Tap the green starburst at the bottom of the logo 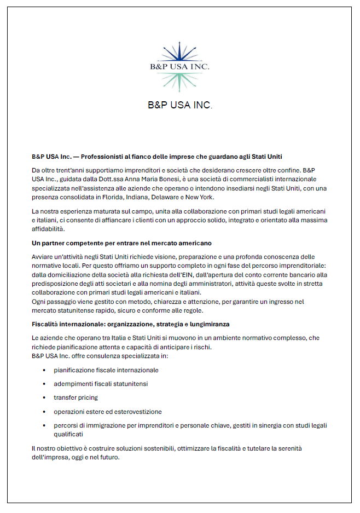click(x=179, y=81)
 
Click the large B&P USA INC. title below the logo click(x=179, y=105)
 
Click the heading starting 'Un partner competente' click(x=121, y=243)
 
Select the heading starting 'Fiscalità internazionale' click(x=130, y=324)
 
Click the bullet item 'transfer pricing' click(x=76, y=397)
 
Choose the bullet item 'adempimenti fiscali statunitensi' click(x=101, y=384)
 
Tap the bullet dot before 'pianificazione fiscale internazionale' click(x=44, y=370)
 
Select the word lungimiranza click(x=209, y=324)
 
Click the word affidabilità click(x=49, y=229)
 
